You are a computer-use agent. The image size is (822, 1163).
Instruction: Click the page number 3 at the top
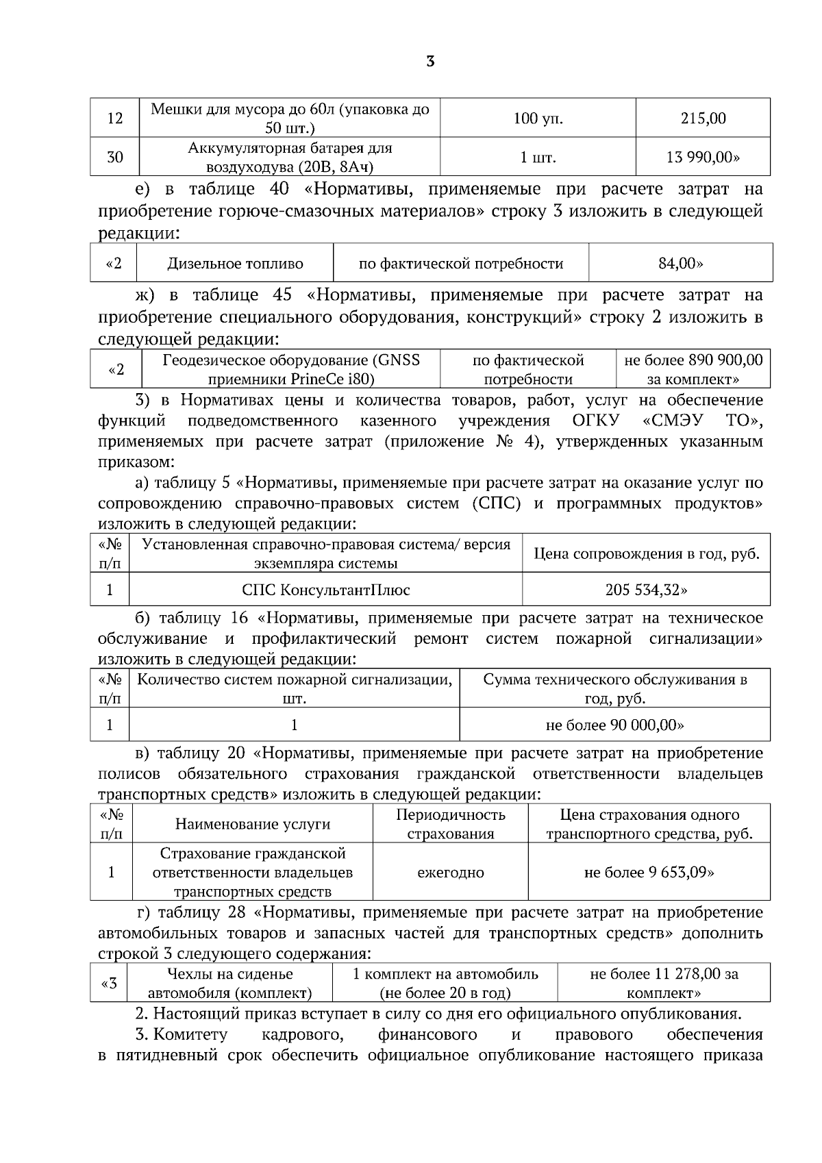click(429, 62)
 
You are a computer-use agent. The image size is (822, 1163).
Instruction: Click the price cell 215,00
click(703, 118)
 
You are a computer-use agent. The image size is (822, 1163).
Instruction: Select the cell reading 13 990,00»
click(703, 158)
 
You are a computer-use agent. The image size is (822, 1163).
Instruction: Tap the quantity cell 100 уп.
click(538, 118)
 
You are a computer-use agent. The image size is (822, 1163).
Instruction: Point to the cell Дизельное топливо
click(235, 264)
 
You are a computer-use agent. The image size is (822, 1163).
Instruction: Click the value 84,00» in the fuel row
click(680, 264)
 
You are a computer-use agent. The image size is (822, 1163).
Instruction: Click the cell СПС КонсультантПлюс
click(326, 590)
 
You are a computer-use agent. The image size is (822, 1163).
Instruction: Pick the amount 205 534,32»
click(646, 590)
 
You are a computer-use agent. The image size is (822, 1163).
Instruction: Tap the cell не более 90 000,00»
click(614, 725)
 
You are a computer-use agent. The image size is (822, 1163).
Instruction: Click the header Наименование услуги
click(253, 824)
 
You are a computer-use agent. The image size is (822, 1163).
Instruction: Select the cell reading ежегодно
click(450, 873)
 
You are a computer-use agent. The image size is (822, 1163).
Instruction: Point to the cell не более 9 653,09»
click(649, 873)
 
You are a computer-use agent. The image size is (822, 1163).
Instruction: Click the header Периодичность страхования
click(450, 824)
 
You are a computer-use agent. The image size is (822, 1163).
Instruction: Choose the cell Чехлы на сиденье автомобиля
click(229, 983)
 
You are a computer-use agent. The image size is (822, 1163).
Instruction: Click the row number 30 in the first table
click(114, 158)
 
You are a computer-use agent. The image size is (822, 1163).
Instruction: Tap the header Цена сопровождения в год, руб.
click(646, 553)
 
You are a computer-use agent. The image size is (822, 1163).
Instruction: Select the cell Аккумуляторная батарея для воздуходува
click(290, 158)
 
